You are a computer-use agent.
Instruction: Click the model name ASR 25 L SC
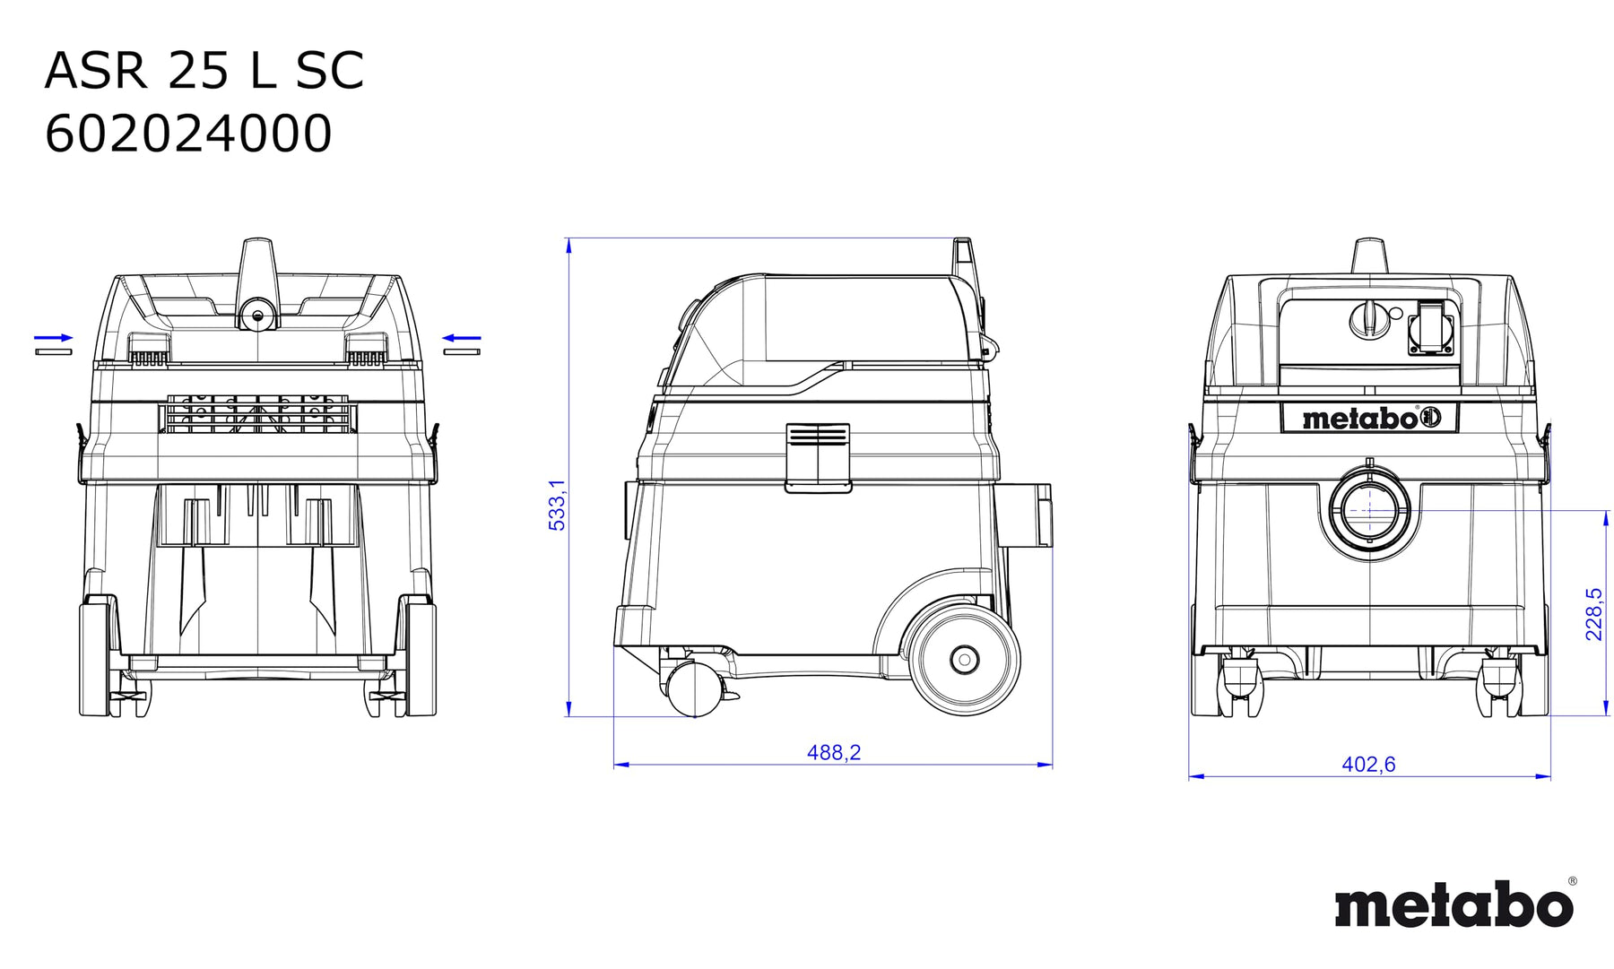[x=204, y=71]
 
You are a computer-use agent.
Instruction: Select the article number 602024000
[x=188, y=134]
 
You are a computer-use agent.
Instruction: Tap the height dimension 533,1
[x=558, y=505]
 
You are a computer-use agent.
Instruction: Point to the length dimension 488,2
[x=834, y=752]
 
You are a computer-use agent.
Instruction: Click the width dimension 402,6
[x=1368, y=764]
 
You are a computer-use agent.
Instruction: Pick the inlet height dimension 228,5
[x=1593, y=614]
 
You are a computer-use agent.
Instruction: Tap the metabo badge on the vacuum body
[x=1369, y=418]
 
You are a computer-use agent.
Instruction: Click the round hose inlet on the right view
[x=1369, y=511]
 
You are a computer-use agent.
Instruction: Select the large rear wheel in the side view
[x=964, y=659]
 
